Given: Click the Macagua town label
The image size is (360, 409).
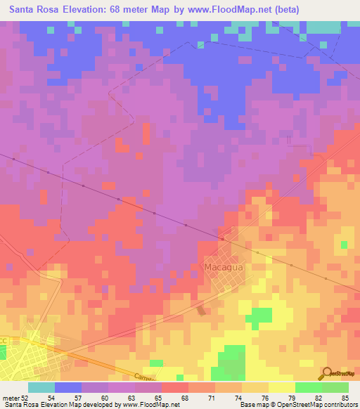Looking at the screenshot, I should pyautogui.click(x=224, y=268).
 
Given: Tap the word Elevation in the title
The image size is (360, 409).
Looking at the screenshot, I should pyautogui.click(x=87, y=10).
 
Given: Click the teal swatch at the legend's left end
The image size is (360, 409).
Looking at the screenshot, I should pyautogui.click(x=41, y=387).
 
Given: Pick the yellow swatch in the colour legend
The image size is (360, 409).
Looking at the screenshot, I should pyautogui.click(x=281, y=387).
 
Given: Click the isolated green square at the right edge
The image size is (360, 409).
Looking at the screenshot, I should pyautogui.click(x=344, y=245).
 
